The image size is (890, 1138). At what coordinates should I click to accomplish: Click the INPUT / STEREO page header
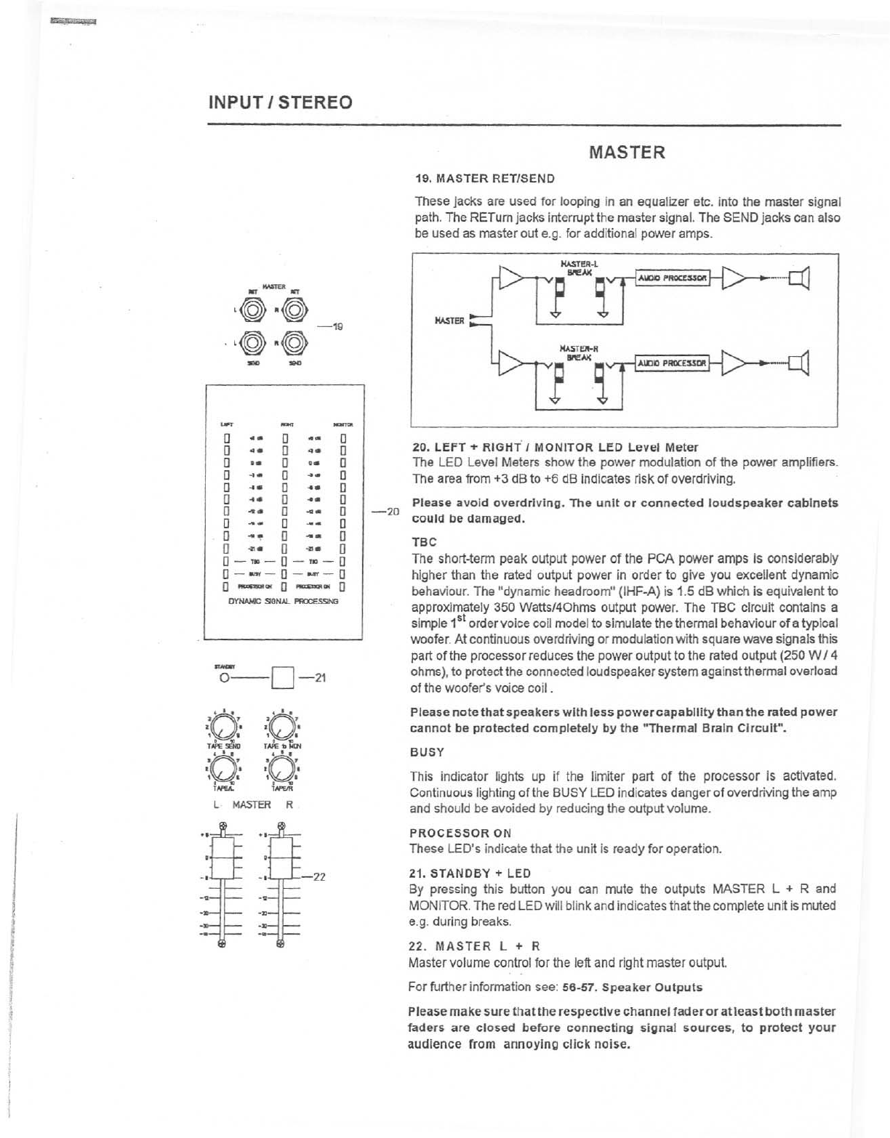click(280, 101)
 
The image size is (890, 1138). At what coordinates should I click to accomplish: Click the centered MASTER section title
click(627, 153)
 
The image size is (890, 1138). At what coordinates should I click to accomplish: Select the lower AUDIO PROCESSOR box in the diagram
click(672, 363)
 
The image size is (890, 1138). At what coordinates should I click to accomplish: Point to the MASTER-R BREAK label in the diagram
click(579, 353)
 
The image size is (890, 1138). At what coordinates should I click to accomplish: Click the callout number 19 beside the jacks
click(337, 326)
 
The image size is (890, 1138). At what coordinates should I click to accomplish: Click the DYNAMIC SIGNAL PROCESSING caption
click(284, 602)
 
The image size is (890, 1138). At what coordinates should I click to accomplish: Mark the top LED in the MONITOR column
click(343, 438)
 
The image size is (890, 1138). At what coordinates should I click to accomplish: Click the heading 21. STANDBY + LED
click(470, 873)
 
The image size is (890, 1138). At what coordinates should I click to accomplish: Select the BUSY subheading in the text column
click(427, 751)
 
